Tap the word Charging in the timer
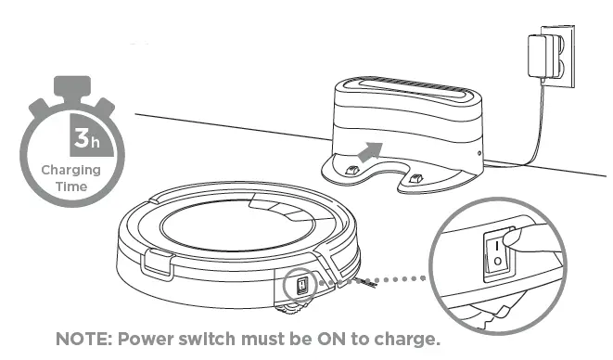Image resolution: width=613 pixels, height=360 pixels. pyautogui.click(x=65, y=171)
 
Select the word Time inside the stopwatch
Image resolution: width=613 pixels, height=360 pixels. pyautogui.click(x=65, y=186)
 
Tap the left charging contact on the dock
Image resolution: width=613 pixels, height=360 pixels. pyautogui.click(x=352, y=170)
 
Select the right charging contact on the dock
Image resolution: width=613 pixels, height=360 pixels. pyautogui.click(x=416, y=175)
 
